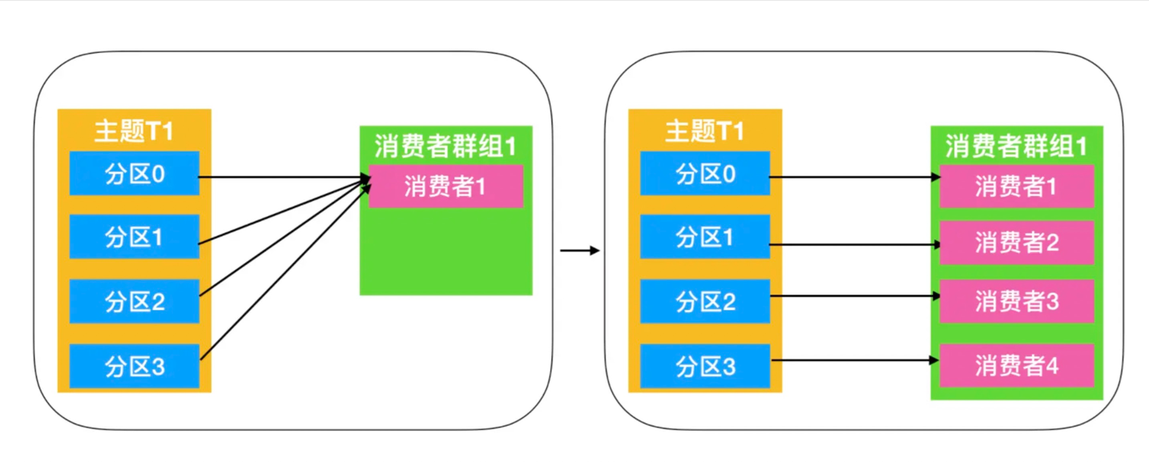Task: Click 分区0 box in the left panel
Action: (x=134, y=173)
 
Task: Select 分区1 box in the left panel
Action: (x=134, y=236)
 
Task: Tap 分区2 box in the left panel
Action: (x=134, y=301)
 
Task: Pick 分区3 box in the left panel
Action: (x=134, y=366)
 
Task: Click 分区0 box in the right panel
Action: (x=704, y=173)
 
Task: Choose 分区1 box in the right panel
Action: (x=704, y=236)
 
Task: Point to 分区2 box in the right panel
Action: (x=704, y=301)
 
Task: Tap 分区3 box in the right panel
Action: (x=704, y=366)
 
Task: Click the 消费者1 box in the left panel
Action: (x=445, y=186)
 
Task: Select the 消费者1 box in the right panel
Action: (x=1016, y=186)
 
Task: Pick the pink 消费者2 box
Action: (x=1016, y=243)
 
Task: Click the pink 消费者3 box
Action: (x=1016, y=301)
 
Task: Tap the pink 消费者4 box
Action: (x=1016, y=365)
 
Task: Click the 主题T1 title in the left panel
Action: (x=134, y=131)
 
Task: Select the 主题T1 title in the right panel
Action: (x=704, y=131)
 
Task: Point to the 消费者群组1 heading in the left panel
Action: (x=445, y=146)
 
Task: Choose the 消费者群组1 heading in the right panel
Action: (x=1016, y=146)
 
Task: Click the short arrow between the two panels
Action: (x=579, y=251)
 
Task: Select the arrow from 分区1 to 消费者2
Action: (x=854, y=243)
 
